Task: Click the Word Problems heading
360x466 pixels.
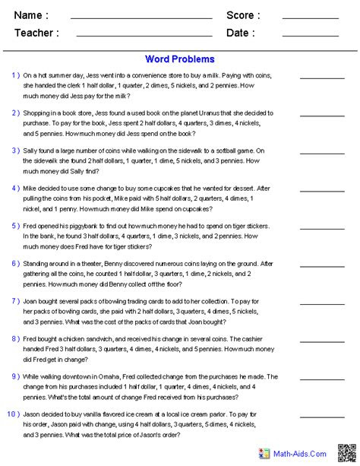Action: pos(179,59)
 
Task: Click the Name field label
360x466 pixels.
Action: pos(31,15)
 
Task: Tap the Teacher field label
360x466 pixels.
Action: pos(36,33)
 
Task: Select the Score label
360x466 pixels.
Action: pos(243,15)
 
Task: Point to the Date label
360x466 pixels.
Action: pos(240,33)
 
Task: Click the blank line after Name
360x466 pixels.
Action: pos(141,18)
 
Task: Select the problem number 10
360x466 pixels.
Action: pos(15,414)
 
